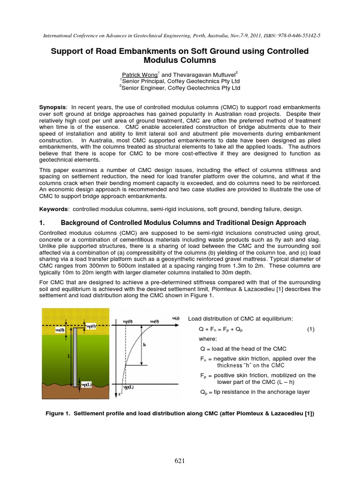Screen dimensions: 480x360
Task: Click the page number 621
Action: click(x=180, y=461)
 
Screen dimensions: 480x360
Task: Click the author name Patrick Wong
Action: click(x=139, y=74)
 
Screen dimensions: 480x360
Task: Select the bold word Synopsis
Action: click(x=52, y=107)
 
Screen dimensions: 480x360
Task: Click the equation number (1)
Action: click(x=311, y=330)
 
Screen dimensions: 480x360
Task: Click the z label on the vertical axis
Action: click(x=120, y=395)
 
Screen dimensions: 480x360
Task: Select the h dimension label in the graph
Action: click(x=144, y=344)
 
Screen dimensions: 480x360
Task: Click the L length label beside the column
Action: click(x=69, y=356)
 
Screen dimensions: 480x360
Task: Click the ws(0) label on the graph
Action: click(x=154, y=321)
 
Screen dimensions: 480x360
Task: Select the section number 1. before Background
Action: click(x=43, y=223)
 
